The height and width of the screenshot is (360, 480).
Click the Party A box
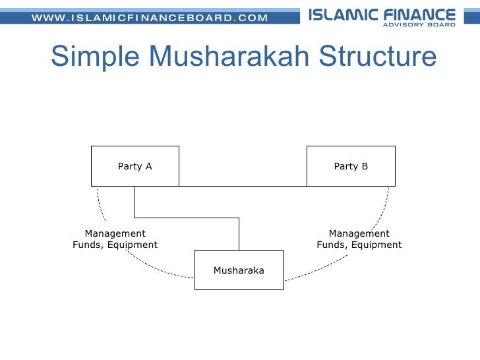point(135,166)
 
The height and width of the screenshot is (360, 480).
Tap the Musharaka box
point(239,270)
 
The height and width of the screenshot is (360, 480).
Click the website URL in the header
point(150,17)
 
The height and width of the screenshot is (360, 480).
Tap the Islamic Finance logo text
point(382,15)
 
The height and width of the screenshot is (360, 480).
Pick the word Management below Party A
point(115,233)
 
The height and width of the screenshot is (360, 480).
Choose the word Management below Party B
point(359,233)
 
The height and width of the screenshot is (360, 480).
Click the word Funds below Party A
point(88,245)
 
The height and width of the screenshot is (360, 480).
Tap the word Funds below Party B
point(332,245)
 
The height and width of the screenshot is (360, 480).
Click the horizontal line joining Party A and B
point(243,185)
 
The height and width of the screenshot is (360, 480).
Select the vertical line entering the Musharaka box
point(239,234)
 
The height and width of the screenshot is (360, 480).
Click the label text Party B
point(351,166)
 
